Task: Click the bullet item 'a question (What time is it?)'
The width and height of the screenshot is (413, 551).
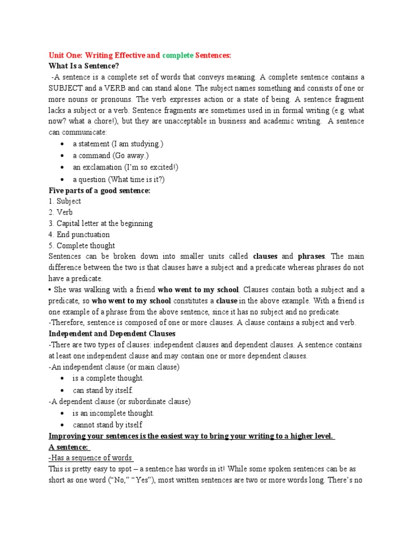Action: click(119, 179)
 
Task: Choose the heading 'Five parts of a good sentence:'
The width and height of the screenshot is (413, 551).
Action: click(99, 190)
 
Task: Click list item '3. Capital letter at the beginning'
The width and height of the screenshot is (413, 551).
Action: click(101, 223)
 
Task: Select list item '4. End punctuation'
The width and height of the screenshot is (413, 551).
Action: click(79, 235)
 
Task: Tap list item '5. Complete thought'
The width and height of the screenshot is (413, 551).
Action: click(82, 246)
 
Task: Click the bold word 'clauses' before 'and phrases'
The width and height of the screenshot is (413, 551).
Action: click(265, 257)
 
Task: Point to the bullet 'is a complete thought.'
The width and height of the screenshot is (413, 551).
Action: click(108, 378)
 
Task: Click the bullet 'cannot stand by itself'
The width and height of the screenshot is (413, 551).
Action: click(108, 425)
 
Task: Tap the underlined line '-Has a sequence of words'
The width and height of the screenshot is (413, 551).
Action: click(90, 457)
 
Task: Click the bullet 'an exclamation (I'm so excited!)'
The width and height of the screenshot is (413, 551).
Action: click(125, 167)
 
